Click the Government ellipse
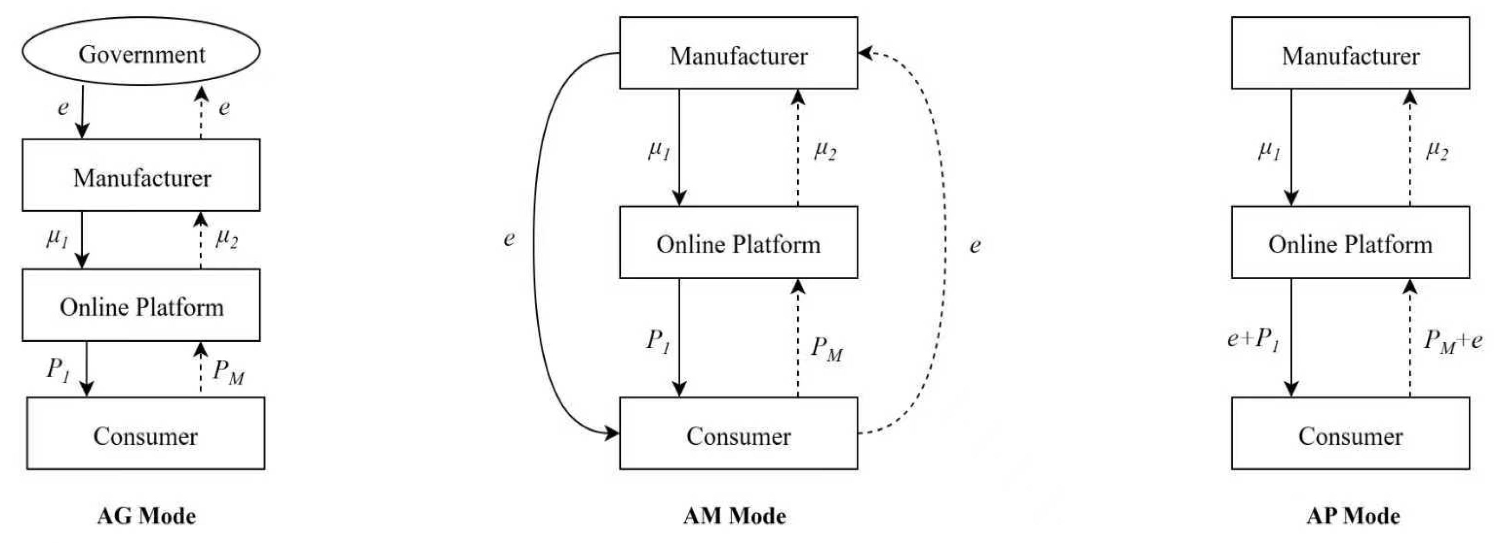141,52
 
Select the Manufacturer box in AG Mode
141,175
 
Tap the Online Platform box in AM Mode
738,243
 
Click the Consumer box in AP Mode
1350,433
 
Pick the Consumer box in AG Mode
146,433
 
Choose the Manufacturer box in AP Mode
1350,53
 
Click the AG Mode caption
146,516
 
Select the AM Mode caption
734,516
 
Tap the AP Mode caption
1353,516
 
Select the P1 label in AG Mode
58,369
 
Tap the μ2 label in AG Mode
226,238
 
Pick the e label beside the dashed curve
975,245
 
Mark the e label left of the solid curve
509,238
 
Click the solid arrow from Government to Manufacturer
82,111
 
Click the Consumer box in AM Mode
738,433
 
